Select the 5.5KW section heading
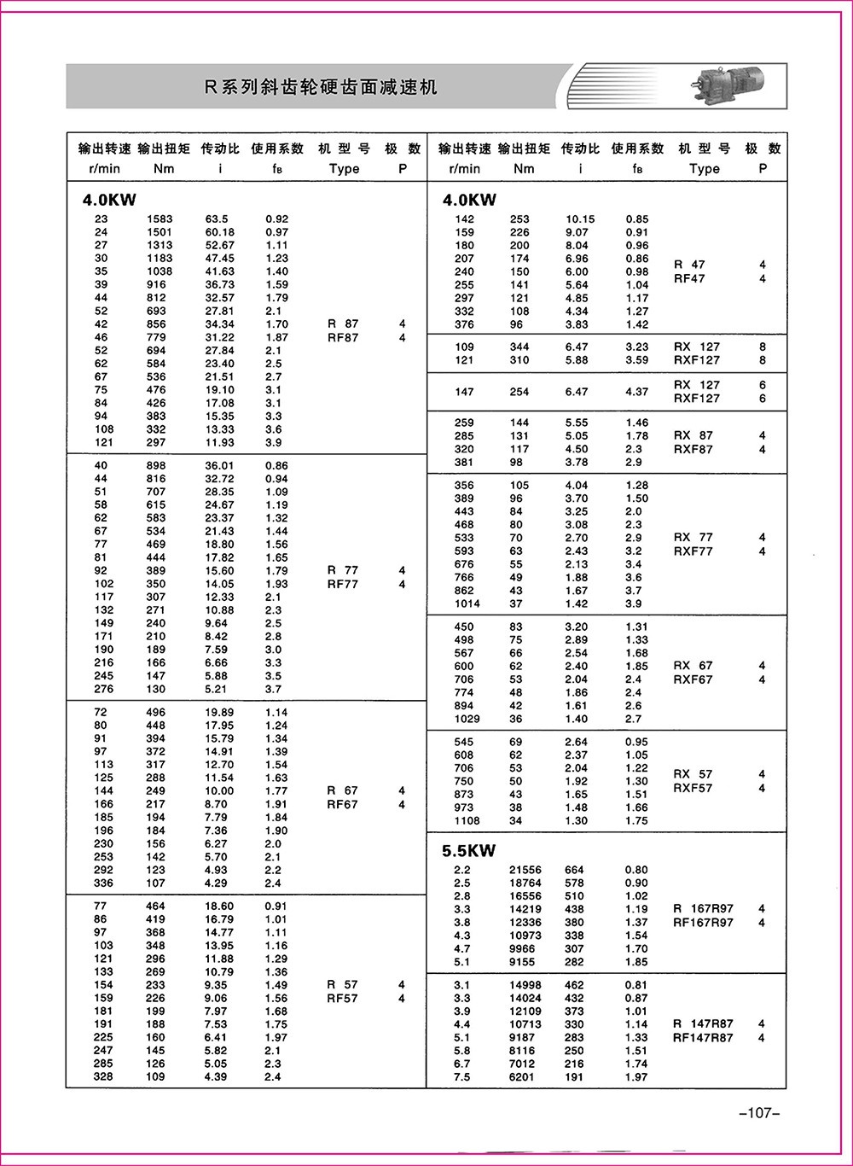pos(468,851)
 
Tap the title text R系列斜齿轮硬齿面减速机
pos(321,87)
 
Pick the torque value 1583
pos(159,219)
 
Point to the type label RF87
pos(343,338)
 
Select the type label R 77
pos(343,570)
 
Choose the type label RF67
pos(343,804)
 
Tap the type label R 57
pos(343,984)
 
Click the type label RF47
pos(689,278)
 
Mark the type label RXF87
pos(693,449)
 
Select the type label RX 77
pos(693,538)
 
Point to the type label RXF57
pos(693,788)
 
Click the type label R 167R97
pos(703,909)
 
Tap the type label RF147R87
pos(703,1038)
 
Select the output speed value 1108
pos(467,821)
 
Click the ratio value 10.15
pos(580,219)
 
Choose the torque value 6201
pos(522,1077)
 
